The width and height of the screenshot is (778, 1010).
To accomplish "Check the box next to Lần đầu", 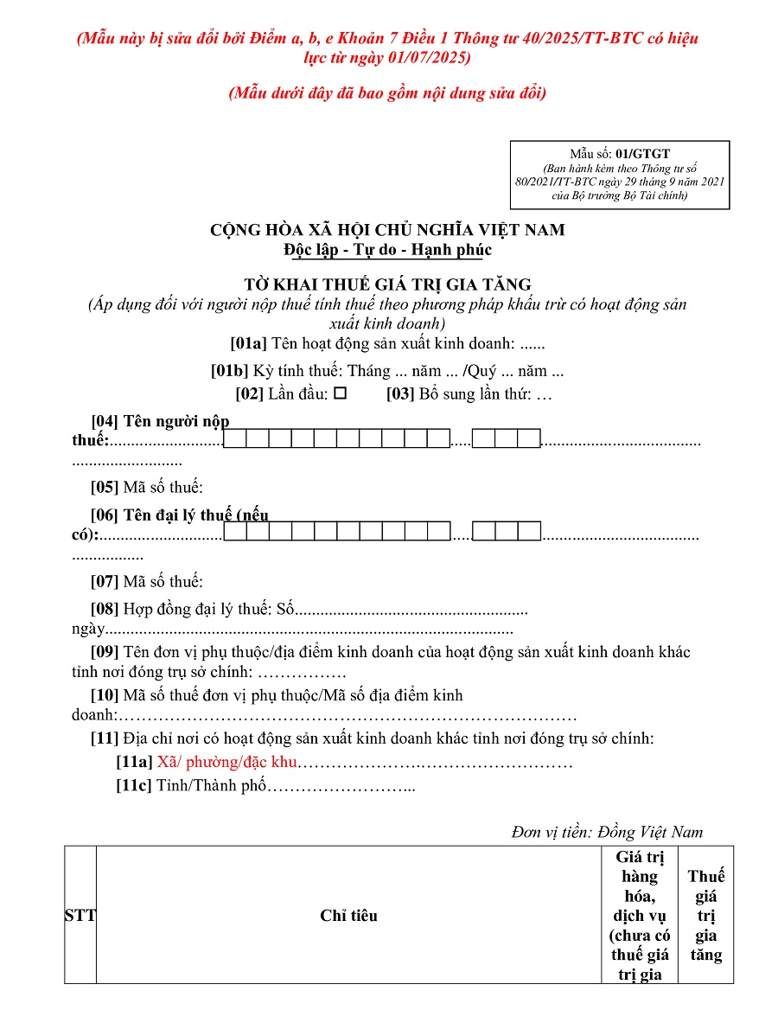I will point(341,393).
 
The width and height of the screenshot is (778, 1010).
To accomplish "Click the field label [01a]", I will point(249,343).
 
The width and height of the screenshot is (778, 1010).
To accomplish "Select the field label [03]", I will point(400,394).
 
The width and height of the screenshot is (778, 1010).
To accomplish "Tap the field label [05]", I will point(105,487).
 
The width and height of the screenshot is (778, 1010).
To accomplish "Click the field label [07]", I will point(105,581).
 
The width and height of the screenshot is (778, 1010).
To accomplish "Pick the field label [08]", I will point(105,609).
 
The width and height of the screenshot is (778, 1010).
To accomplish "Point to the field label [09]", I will point(105,652).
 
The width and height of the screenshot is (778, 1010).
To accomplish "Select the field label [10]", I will point(105,695).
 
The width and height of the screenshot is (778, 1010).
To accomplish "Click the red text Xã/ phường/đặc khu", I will point(226,763).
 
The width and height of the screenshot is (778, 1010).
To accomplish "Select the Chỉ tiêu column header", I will point(348,916).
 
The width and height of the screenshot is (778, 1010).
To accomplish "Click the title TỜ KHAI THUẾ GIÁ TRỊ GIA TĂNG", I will point(387,284).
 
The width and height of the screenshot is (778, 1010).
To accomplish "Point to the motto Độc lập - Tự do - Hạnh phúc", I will point(387,251).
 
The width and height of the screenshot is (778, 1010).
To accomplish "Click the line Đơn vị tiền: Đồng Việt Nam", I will point(607,832).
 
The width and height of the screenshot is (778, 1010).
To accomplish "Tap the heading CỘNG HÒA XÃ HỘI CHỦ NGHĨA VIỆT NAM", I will point(387,230).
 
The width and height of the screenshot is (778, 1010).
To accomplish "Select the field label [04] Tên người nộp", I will point(160,422).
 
